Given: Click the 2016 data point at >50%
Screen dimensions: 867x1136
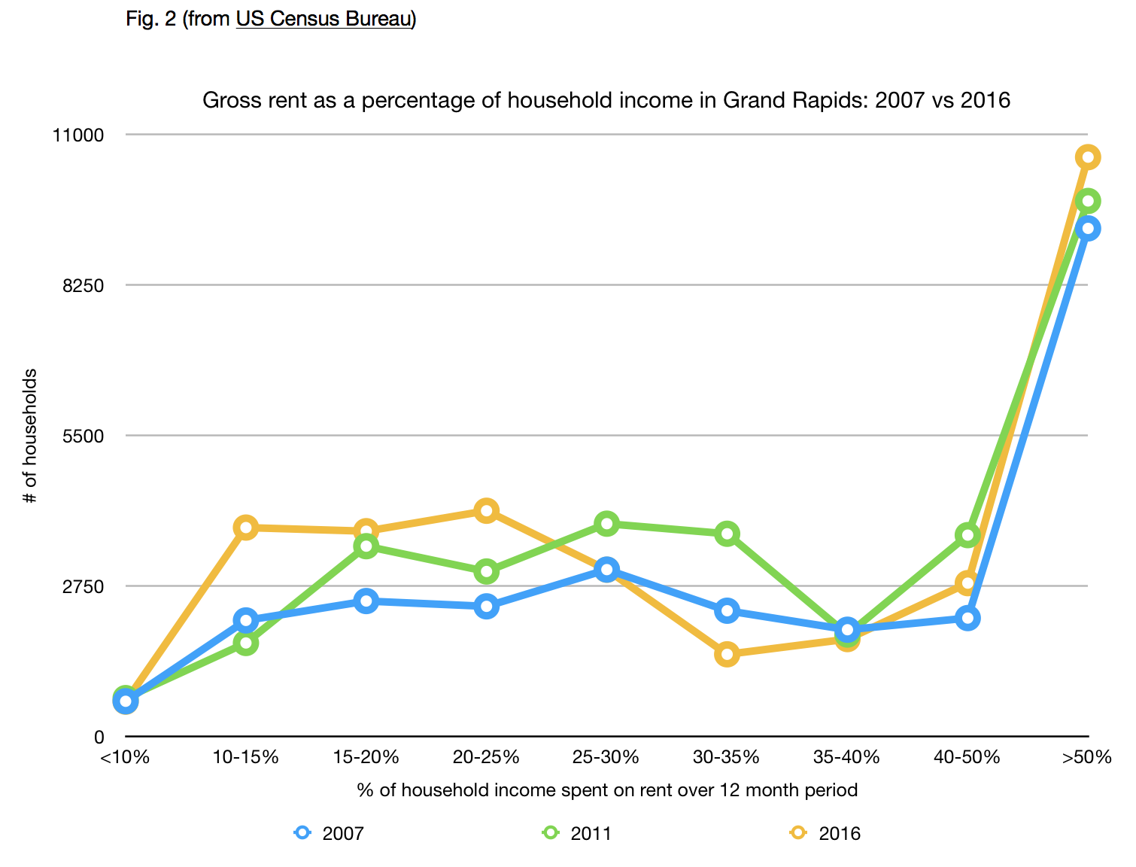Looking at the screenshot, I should click(x=1087, y=157).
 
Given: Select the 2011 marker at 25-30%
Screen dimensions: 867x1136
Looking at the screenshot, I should click(x=607, y=523).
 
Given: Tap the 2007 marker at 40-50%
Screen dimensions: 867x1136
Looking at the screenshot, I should click(x=967, y=619).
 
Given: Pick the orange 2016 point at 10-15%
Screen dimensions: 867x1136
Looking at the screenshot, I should click(x=246, y=528).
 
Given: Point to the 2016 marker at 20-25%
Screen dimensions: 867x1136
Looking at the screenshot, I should click(x=487, y=511).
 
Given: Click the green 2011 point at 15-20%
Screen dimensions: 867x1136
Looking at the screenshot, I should click(x=366, y=546).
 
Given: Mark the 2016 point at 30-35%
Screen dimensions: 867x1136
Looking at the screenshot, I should click(x=727, y=654).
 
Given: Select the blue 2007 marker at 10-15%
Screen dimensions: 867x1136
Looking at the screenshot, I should click(x=246, y=621).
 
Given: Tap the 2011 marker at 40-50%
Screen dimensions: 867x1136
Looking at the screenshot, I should click(x=967, y=536).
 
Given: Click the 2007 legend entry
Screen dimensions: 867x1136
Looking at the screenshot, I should click(x=330, y=833).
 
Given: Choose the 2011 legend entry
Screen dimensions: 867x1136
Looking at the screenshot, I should click(x=578, y=833).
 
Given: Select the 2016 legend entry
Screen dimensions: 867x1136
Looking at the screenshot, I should click(x=826, y=833).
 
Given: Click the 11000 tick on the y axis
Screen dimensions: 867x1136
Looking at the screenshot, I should click(x=78, y=135).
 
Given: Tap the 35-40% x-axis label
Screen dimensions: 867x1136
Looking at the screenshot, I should click(x=846, y=757).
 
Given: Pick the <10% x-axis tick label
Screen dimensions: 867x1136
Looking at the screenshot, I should click(x=125, y=757).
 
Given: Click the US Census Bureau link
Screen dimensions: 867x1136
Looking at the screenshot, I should click(x=324, y=19).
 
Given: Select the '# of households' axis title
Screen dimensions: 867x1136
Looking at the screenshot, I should click(x=31, y=436).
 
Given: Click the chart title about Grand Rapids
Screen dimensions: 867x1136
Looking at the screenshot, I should click(x=606, y=100).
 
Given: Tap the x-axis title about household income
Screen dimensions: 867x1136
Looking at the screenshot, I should click(x=606, y=790).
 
